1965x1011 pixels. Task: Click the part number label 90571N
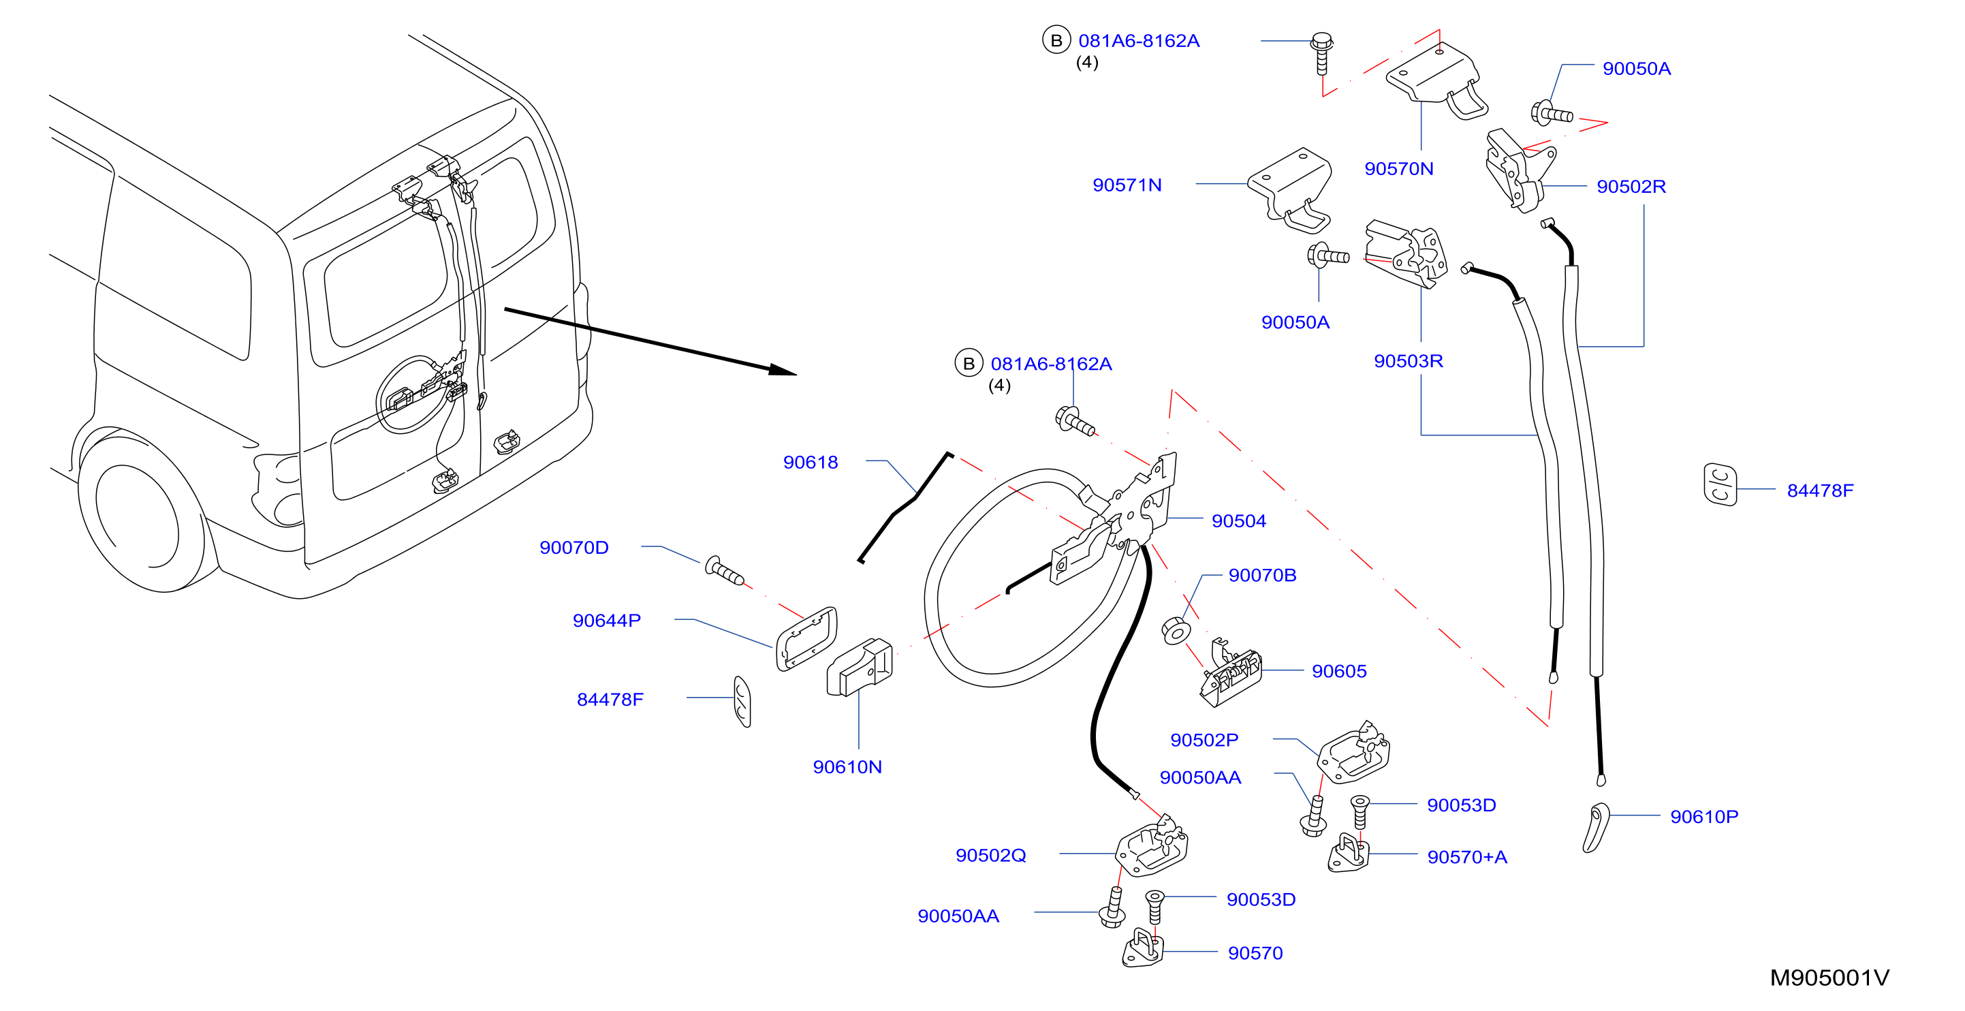coord(1127,185)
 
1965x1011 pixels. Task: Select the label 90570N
coord(1398,169)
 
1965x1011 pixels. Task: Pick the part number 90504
coord(1239,521)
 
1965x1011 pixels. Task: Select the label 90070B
coord(1263,575)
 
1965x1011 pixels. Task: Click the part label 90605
coord(1339,672)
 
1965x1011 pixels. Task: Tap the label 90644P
coord(606,621)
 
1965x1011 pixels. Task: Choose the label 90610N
coord(847,767)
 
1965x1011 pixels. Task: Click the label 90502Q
coord(991,856)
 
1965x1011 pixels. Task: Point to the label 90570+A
coord(1467,857)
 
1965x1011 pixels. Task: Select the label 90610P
coord(1704,816)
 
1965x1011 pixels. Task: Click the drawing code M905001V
coord(1829,978)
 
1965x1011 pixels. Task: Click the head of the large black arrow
coord(783,371)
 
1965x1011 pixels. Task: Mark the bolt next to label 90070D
coord(724,571)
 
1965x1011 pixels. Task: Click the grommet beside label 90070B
coord(1176,631)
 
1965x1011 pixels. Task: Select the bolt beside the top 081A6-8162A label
coord(1322,52)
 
